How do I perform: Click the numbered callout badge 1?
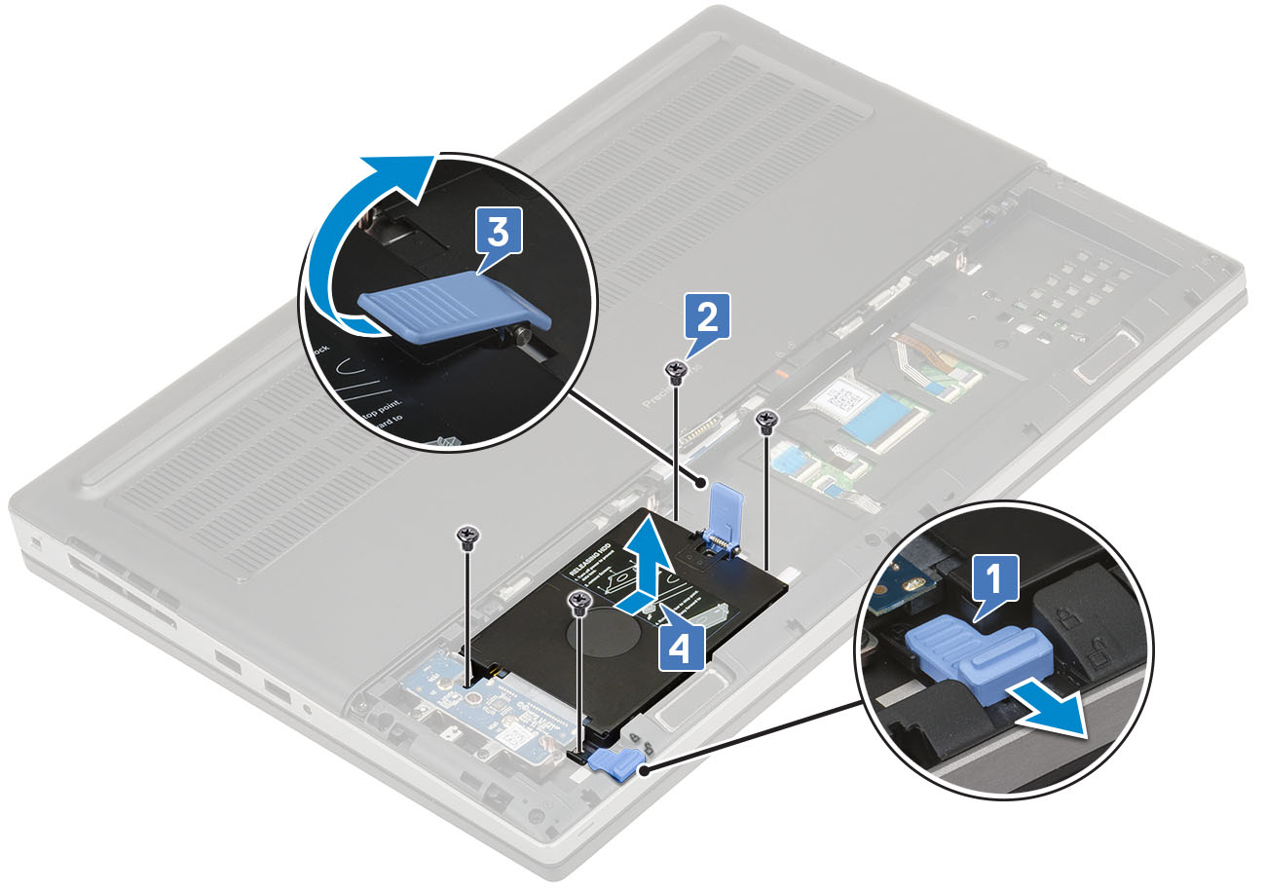coord(991,581)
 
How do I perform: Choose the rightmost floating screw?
coord(767,422)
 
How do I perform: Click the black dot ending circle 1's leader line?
coord(643,771)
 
